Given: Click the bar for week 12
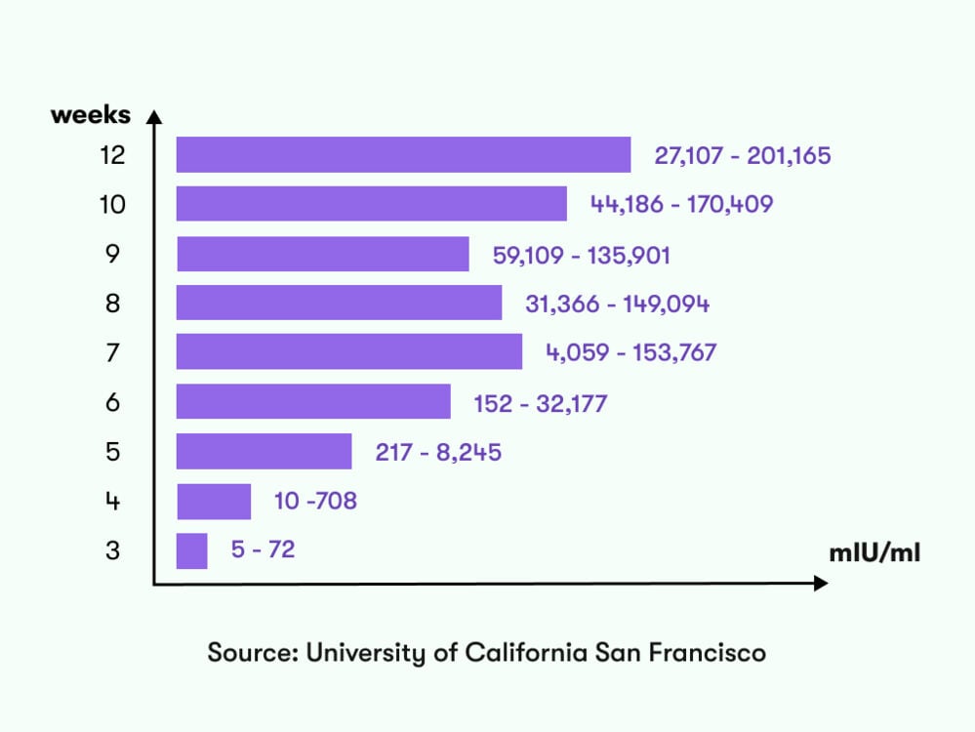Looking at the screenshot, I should tap(403, 154).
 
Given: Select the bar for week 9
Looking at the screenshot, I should tap(322, 254).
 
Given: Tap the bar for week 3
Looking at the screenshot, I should tap(191, 550).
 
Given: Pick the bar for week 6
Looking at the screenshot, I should tap(313, 402).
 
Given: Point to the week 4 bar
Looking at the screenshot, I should tap(214, 502).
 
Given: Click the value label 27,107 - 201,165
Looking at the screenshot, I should tap(743, 155).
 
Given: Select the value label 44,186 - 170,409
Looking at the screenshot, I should tap(681, 205).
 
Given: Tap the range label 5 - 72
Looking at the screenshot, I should tap(263, 550).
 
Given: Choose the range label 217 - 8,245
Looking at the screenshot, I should tap(438, 452).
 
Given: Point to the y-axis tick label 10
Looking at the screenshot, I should tap(113, 204).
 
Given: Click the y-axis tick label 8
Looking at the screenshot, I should tap(113, 304).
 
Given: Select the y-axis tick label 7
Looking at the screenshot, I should tap(113, 352).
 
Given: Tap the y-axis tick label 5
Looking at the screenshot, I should tap(113, 452).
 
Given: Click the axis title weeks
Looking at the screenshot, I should tap(90, 114).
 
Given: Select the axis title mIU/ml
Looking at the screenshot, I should tap(874, 553).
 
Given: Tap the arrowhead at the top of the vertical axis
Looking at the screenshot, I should tap(153, 116).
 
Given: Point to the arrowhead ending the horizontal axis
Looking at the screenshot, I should tap(822, 584).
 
